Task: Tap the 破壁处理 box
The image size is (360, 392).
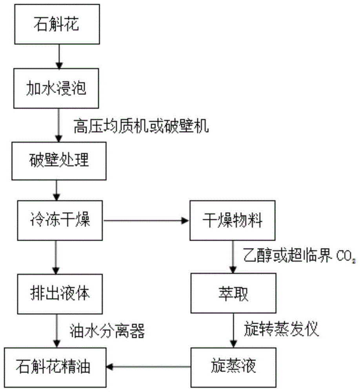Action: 58,158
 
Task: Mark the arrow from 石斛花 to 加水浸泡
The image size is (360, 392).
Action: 58,55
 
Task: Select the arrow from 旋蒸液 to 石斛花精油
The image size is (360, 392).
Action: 149,367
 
